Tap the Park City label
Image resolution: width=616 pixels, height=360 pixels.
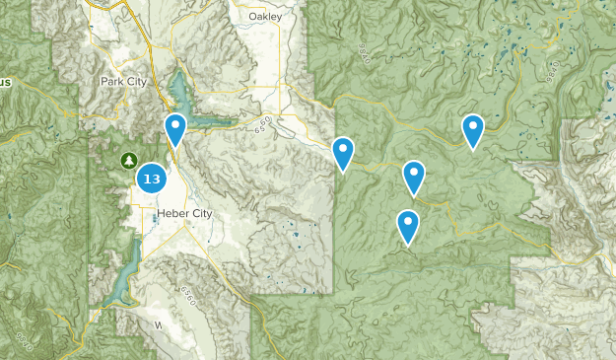coord(123,82)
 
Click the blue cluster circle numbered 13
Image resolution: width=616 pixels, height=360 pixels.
coord(151,179)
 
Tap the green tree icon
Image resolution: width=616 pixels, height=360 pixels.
coord(127,159)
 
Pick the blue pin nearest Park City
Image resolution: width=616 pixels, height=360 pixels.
coord(175,127)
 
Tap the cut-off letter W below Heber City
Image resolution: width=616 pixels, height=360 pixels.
coord(156,324)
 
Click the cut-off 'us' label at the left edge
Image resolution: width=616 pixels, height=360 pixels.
coord(5,82)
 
